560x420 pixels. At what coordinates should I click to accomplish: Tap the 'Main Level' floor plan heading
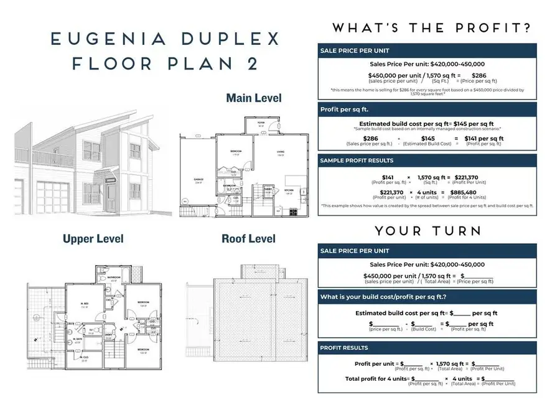(x=253, y=98)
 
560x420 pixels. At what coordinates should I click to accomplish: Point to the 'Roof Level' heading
(x=250, y=238)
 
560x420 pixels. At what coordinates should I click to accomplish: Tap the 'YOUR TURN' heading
(x=427, y=231)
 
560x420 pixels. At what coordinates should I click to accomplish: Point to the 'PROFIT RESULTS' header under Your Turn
(x=344, y=348)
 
